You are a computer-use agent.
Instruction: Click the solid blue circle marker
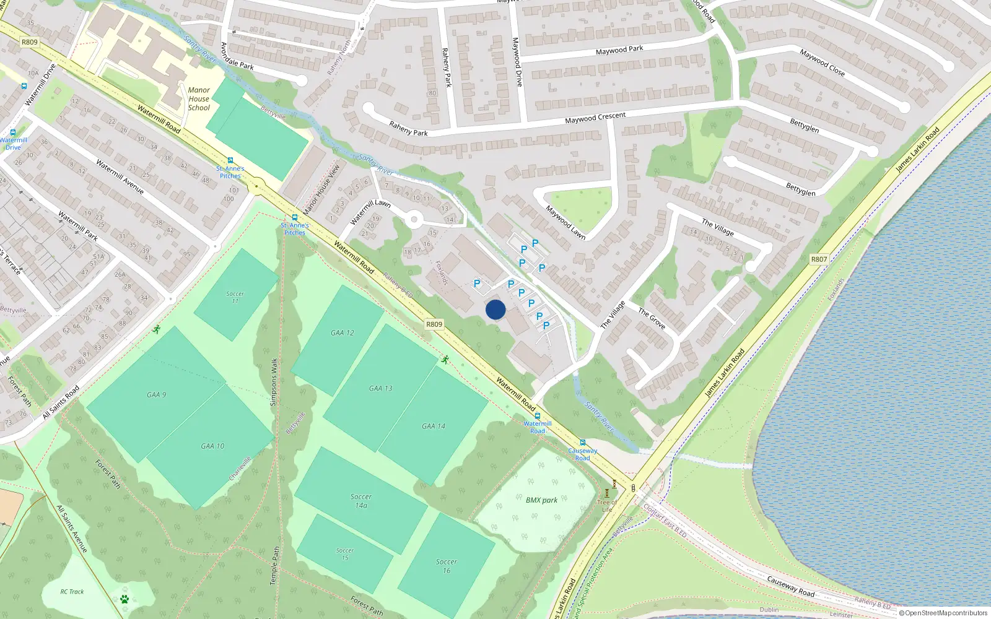(495, 309)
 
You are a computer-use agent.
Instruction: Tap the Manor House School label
(199, 99)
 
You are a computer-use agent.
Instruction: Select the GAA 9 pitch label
(157, 395)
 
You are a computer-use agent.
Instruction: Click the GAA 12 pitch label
(343, 333)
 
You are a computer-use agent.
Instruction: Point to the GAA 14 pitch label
(434, 426)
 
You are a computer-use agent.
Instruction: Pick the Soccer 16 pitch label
(447, 566)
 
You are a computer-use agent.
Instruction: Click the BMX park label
(541, 500)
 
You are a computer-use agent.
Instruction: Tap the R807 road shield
(819, 259)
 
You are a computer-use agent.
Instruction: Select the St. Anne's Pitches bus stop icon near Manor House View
(294, 218)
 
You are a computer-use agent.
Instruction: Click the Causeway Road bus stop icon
(583, 443)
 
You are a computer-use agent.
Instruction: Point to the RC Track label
(72, 592)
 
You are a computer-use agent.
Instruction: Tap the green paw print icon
(124, 599)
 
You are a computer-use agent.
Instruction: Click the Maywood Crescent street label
(595, 118)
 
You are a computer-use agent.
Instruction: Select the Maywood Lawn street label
(565, 223)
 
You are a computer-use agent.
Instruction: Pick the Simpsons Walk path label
(274, 382)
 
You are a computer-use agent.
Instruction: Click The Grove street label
(652, 319)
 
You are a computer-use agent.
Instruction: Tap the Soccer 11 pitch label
(235, 298)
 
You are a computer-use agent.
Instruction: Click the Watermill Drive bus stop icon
(12, 132)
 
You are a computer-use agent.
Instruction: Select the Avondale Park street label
(237, 56)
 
